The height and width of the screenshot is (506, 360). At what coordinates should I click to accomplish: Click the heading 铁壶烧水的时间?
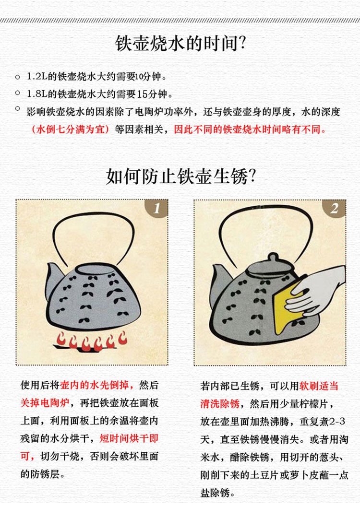click(180, 43)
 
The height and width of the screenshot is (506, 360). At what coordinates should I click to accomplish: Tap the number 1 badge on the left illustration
click(157, 208)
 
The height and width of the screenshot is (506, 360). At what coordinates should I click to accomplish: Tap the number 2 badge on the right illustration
click(335, 208)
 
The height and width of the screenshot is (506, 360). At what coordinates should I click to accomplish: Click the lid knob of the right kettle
click(273, 258)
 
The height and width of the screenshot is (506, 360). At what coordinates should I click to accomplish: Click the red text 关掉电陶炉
click(45, 403)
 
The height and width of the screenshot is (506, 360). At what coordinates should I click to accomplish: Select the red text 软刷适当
click(319, 386)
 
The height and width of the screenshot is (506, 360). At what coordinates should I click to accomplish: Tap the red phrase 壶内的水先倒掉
click(94, 385)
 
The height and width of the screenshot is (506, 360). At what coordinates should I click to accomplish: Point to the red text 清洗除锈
click(220, 403)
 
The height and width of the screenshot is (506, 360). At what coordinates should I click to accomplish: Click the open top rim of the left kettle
click(94, 269)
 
